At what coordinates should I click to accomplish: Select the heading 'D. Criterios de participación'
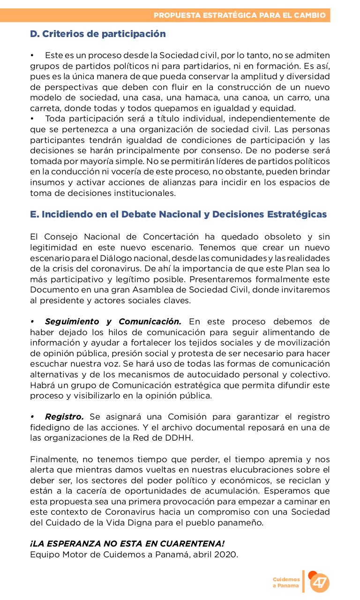[x=97, y=34]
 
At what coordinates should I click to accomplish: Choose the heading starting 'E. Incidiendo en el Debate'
[x=178, y=215]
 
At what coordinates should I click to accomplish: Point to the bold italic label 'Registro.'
[x=64, y=417]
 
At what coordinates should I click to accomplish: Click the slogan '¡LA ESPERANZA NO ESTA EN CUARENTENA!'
[x=127, y=544]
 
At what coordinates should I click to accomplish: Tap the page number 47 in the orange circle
[x=320, y=583]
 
